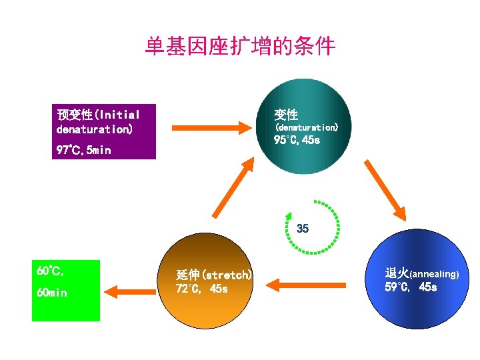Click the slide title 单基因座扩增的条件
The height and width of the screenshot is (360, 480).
coord(240,47)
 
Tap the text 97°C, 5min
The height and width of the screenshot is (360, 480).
coord(84,151)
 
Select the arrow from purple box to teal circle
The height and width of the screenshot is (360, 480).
coord(210,127)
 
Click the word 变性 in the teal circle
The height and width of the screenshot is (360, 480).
coord(286,114)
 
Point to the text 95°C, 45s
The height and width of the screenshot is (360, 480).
coord(297,141)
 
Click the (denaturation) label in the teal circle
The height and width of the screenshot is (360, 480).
coord(307,127)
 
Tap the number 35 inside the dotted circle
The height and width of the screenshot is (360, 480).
coord(303,229)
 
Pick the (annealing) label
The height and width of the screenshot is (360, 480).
coord(433,274)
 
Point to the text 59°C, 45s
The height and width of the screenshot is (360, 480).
coord(411,287)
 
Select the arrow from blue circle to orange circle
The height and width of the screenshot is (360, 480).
coord(310,286)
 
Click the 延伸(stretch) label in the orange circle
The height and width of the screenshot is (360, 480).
coord(213,275)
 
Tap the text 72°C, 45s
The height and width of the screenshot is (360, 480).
coord(202,289)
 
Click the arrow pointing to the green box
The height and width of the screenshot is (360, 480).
coord(130,291)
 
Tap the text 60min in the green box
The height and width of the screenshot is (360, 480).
coord(52,293)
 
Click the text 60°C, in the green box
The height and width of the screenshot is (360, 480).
coord(51,271)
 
